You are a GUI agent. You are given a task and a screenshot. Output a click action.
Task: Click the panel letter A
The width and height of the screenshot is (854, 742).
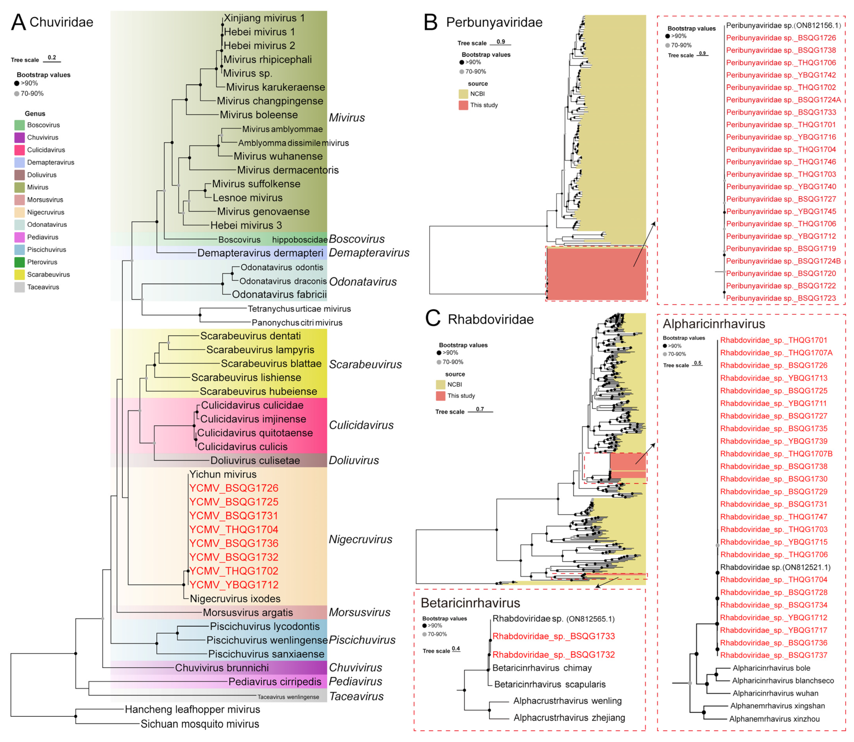[x=19, y=22]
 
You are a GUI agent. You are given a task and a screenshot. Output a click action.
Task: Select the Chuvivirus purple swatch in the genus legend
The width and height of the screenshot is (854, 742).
[x=19, y=137]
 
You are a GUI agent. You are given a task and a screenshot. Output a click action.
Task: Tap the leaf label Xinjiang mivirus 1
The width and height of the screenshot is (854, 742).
[x=264, y=18]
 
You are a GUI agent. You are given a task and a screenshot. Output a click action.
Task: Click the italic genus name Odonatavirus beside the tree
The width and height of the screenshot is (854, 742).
[x=363, y=281]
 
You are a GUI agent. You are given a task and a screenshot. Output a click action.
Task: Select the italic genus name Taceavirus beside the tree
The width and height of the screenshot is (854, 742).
[x=356, y=696]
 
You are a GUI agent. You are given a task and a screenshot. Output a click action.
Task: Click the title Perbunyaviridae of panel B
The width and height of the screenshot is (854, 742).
[x=494, y=22]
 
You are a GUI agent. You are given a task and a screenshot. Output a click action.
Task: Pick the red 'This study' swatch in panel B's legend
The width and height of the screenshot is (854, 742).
[x=463, y=105]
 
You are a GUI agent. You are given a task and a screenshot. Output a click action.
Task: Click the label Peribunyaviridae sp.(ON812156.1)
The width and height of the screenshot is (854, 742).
[x=783, y=26]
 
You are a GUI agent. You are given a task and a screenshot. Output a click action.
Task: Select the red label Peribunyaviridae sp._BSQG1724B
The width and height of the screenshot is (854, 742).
[x=783, y=261]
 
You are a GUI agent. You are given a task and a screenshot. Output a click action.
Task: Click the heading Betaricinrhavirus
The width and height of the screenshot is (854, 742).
[x=470, y=603]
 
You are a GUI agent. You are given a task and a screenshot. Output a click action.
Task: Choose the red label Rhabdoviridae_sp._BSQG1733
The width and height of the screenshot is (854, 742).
[x=553, y=636]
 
